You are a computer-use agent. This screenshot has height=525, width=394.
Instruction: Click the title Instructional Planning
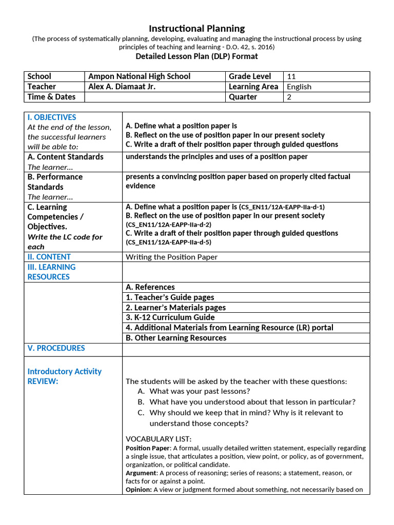[196, 29]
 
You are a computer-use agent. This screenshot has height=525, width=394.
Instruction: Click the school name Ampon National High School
[139, 76]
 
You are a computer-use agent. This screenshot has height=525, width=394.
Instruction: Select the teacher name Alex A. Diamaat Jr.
[122, 87]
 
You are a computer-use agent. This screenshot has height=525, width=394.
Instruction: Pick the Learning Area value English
[299, 87]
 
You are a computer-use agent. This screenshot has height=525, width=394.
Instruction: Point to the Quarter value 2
[289, 97]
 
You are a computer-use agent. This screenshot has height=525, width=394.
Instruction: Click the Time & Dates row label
[51, 97]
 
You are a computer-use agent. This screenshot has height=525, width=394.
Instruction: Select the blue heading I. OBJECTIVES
[52, 117]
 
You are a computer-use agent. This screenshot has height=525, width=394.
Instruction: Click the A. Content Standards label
[65, 157]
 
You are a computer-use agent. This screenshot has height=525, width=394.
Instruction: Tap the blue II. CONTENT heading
[49, 257]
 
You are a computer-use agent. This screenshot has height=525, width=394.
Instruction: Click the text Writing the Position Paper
[171, 257]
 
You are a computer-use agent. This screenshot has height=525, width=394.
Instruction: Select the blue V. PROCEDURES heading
[56, 348]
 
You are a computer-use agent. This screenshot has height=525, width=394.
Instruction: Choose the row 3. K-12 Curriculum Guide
[167, 317]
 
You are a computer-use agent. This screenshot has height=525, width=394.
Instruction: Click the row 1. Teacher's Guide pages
[170, 297]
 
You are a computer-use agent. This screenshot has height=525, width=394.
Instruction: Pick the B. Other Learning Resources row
[176, 338]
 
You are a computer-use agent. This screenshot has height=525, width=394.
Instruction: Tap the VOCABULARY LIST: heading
[159, 439]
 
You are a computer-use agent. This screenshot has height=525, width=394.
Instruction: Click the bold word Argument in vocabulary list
[141, 473]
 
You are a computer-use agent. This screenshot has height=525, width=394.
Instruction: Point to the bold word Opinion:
[139, 490]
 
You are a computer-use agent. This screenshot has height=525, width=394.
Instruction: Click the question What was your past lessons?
[200, 391]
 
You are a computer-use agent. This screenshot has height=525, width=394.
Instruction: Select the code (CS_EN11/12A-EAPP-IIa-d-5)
[168, 242]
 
